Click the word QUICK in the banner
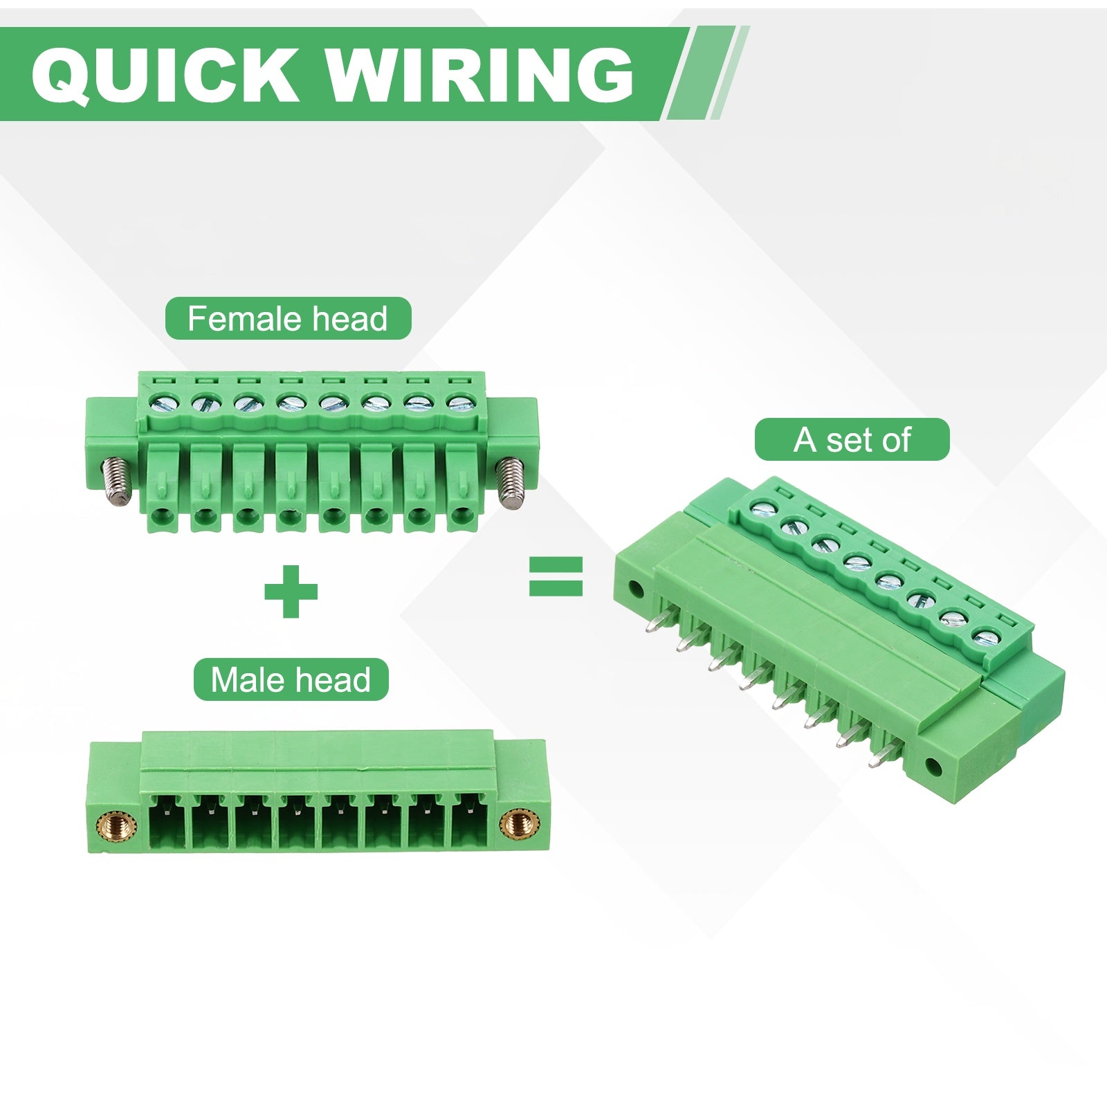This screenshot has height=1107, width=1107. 165,74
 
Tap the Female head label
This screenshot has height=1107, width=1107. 288,319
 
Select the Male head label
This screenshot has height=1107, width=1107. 291,679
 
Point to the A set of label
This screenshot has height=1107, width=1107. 852,439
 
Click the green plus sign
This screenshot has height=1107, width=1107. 291,592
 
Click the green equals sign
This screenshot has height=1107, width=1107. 556,578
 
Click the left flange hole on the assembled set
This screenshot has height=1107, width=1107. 636,590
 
